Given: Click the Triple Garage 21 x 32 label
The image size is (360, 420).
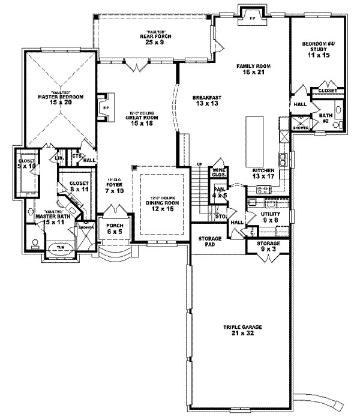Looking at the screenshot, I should (236, 330).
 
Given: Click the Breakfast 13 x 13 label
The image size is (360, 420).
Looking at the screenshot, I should (206, 101).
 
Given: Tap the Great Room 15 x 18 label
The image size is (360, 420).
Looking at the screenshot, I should (143, 121).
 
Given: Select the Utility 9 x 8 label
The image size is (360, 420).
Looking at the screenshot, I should (269, 217).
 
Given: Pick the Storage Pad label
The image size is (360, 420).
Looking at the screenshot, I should (211, 242).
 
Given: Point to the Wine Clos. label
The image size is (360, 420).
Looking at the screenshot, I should (217, 175).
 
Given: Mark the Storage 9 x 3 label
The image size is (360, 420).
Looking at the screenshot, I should (269, 246).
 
